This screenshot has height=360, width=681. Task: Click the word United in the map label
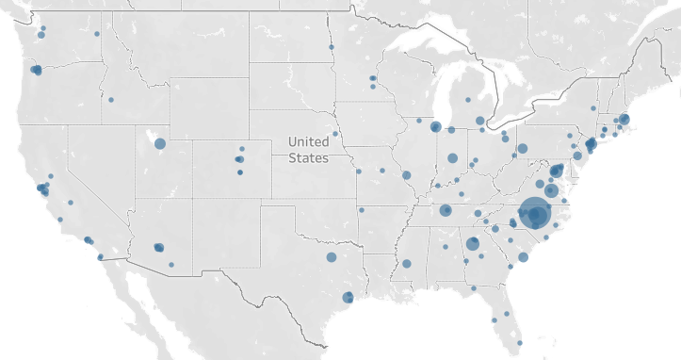pyautogui.click(x=309, y=143)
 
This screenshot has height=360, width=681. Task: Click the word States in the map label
pyautogui.click(x=308, y=158)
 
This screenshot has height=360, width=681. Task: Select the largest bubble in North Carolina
pyautogui.click(x=534, y=215)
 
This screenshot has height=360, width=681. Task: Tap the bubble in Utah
pyautogui.click(x=159, y=143)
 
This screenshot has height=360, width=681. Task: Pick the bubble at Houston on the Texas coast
pyautogui.click(x=348, y=297)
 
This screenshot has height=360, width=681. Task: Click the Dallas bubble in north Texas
pyautogui.click(x=332, y=256)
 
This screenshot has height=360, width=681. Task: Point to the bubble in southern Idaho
pyautogui.click(x=110, y=99)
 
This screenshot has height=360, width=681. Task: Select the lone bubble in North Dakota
pyautogui.click(x=331, y=47)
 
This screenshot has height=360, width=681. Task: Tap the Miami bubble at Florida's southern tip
pyautogui.click(x=517, y=341)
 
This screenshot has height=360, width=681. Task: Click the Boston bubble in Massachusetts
pyautogui.click(x=623, y=120)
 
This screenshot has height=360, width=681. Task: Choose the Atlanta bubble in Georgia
pyautogui.click(x=473, y=244)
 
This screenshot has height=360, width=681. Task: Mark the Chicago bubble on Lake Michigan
pyautogui.click(x=435, y=126)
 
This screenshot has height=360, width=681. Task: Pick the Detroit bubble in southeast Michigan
pyautogui.click(x=479, y=121)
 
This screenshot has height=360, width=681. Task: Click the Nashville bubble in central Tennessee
pyautogui.click(x=445, y=210)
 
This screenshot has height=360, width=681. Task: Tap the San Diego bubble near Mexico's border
pyautogui.click(x=100, y=256)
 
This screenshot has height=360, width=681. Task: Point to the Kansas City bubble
pyautogui.click(x=358, y=172)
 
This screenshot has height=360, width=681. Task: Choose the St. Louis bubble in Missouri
pyautogui.click(x=406, y=175)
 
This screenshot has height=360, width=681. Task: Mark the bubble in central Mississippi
pyautogui.click(x=407, y=263)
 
